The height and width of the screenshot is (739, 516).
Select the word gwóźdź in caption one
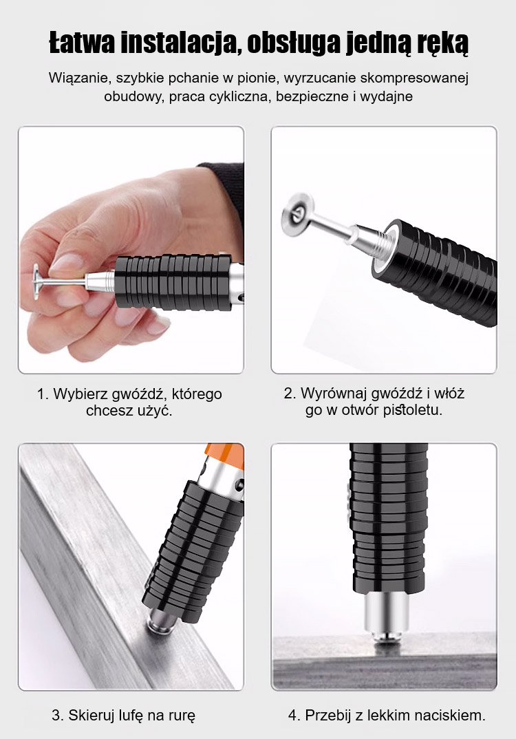click(x=138, y=394)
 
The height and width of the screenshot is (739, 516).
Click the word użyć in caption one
click(x=155, y=411)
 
